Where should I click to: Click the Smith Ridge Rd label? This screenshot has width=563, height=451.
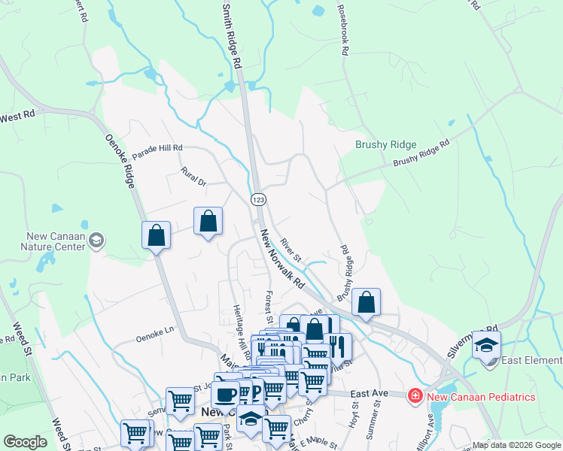[232, 35]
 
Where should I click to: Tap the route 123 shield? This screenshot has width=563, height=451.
[258, 198]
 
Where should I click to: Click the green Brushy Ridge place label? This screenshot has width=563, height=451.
[385, 144]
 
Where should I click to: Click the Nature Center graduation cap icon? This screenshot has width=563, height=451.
[96, 241]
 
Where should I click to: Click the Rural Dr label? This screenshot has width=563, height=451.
[193, 177]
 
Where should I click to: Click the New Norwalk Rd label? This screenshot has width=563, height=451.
[281, 260]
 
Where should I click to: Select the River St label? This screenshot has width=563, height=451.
[291, 250]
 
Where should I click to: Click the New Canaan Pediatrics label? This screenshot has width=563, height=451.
[480, 396]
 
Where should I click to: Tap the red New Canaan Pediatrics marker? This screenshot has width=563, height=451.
[414, 395]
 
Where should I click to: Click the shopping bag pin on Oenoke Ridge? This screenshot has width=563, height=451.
[156, 235]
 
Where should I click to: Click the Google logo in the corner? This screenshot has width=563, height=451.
[25, 441]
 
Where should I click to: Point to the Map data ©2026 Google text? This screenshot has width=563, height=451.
[516, 445]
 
